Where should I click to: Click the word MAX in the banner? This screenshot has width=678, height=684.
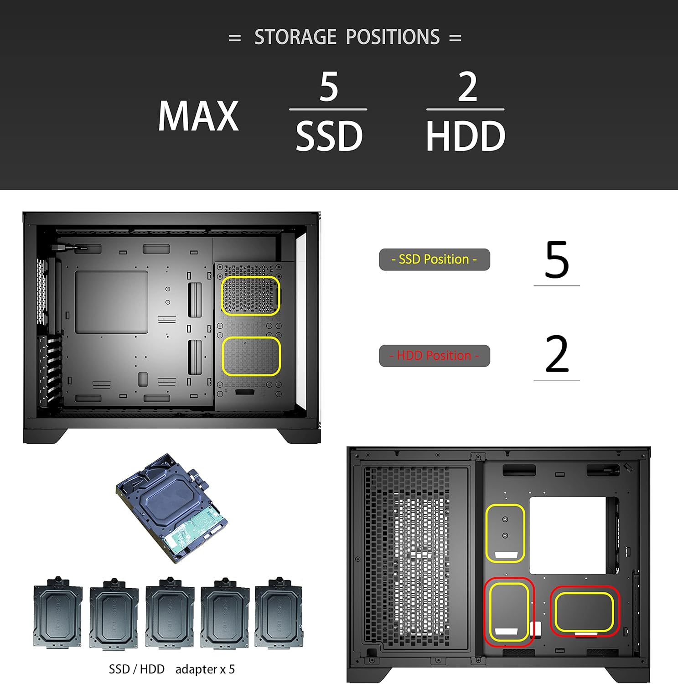pos(198,116)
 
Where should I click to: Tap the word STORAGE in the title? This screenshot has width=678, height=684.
pos(295,37)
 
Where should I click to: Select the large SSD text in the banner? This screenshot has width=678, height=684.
pos(329,136)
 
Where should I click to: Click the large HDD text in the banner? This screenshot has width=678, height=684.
pos(465,136)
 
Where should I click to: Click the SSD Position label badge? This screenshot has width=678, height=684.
pos(434,259)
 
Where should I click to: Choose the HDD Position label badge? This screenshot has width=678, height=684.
pos(434,356)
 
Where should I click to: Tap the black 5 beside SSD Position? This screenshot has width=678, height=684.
pos(557,260)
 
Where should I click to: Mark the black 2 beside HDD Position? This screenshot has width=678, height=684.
pos(557,354)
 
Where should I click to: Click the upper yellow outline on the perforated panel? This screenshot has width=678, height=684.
pos(250,295)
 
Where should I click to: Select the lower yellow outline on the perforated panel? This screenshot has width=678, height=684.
pos(251,356)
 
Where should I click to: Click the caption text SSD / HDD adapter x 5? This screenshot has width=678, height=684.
pos(171,669)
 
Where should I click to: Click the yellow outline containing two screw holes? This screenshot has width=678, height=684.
pos(505,533)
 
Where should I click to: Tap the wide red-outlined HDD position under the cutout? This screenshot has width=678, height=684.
pos(585,611)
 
